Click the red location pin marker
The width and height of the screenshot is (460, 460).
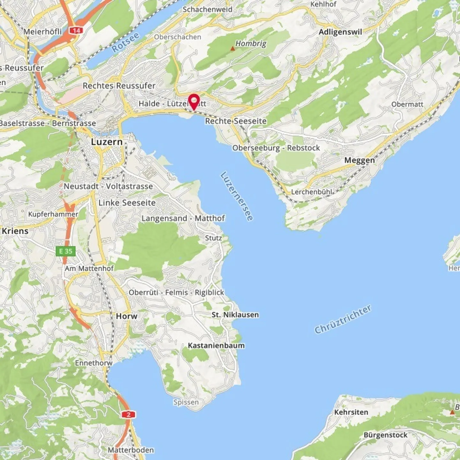tap(194, 101)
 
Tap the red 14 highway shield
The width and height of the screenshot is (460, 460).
tap(76, 31)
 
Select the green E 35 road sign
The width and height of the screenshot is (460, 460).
tap(66, 251)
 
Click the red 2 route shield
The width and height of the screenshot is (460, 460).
tap(128, 415)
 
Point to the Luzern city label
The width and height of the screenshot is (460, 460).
tap(107, 142)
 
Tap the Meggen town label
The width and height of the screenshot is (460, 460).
tap(359, 160)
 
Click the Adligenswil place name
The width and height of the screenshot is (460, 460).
tap(340, 32)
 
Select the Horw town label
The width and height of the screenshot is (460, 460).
tap(126, 316)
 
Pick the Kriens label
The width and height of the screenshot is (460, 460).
tap(15, 231)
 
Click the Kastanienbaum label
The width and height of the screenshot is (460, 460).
tap(216, 345)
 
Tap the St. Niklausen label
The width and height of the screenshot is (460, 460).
tap(235, 315)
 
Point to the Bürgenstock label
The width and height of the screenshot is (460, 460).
tap(386, 435)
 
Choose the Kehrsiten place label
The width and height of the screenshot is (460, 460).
tap(351, 412)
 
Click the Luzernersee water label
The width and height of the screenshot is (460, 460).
tap(237, 196)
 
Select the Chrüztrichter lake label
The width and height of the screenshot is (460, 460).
tap(343, 319)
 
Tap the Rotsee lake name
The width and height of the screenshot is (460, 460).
tap(126, 42)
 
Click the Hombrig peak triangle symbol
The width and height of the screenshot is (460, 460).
tap(233, 49)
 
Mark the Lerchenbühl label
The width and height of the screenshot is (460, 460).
tap(311, 192)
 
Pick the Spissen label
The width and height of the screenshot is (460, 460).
tap(186, 402)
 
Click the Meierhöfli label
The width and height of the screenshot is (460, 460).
tap(42, 32)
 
